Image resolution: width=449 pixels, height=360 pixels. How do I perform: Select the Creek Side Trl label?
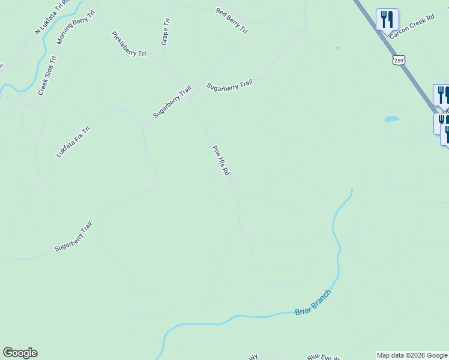pyautogui.click(x=47, y=76)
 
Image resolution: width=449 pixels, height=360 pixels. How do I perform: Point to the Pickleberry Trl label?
pyautogui.click(x=128, y=44)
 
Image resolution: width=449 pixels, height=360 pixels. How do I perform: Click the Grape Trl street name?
pyautogui.click(x=166, y=31)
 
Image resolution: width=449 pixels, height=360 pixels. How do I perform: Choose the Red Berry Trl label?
pyautogui.click(x=231, y=20)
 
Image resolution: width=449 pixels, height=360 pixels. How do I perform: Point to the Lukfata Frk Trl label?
pyautogui.click(x=73, y=142)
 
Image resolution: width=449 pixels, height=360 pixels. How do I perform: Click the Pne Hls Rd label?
pyautogui.click(x=221, y=160)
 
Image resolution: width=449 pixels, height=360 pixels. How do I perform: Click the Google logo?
pyautogui.click(x=20, y=353)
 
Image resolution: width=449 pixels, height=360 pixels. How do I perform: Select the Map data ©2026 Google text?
pyautogui.click(x=412, y=355)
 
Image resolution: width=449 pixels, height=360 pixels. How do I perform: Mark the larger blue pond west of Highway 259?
pyautogui.click(x=391, y=119)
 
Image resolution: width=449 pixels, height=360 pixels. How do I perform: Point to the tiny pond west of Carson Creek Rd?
pyautogui.click(x=337, y=47)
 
